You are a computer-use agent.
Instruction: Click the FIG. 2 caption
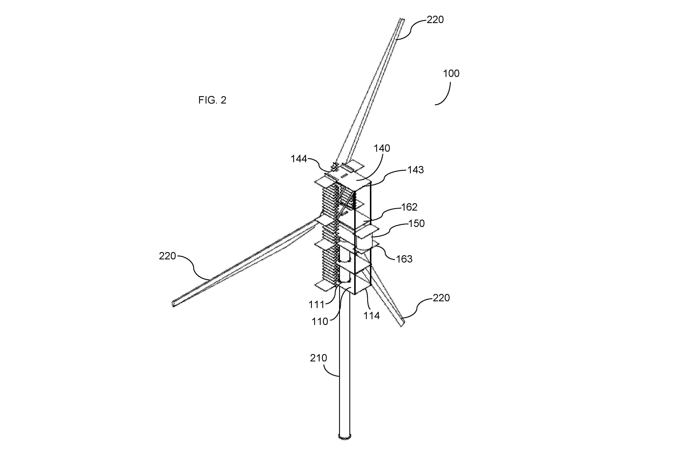[x=212, y=100]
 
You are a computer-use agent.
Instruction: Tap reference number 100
[x=451, y=74]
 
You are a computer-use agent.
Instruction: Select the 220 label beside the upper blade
[x=435, y=19]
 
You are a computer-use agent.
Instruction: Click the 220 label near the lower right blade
[x=441, y=298]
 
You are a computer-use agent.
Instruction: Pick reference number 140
[x=382, y=148]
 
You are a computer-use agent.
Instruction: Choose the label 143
[x=415, y=170]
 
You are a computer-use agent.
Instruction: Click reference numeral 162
[x=409, y=207]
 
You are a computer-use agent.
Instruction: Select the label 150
[x=416, y=223]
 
